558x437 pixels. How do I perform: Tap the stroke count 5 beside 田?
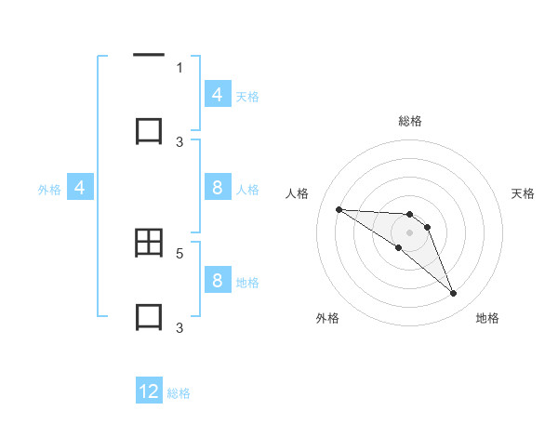(x=179, y=252)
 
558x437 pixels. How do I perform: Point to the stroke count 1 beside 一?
(x=179, y=67)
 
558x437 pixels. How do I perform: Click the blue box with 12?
(x=149, y=391)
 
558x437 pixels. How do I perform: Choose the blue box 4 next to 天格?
(x=217, y=94)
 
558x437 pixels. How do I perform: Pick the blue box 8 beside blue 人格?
(x=217, y=188)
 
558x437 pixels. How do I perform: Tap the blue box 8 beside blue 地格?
(x=217, y=281)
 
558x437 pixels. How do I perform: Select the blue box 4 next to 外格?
(x=80, y=188)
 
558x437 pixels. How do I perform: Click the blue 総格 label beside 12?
(x=179, y=393)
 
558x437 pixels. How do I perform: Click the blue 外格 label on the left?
(x=49, y=189)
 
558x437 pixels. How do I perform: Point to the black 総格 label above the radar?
(x=410, y=121)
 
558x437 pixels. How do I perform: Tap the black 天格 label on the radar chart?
(x=523, y=193)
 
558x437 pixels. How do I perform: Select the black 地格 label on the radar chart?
(x=487, y=318)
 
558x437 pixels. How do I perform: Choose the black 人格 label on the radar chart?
(x=297, y=193)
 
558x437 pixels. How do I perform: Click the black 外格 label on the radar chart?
(x=327, y=318)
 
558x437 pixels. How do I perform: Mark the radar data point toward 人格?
(x=339, y=209)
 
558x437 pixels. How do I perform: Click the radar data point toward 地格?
(x=453, y=294)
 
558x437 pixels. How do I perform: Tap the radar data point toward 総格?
(x=409, y=214)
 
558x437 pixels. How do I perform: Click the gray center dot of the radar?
(x=409, y=232)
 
